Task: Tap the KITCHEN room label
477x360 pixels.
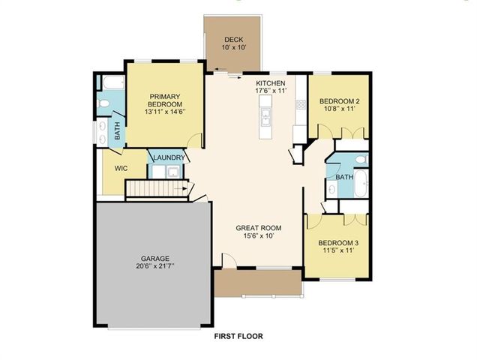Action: [x=271, y=82]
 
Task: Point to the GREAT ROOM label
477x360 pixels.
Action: [x=259, y=227]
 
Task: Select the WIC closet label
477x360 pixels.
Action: [x=121, y=169]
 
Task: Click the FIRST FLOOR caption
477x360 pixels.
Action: [x=238, y=335]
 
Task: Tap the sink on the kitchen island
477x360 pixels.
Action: [x=266, y=116]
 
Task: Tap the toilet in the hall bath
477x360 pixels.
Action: [x=361, y=160]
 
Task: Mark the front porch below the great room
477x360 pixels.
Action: [x=257, y=283]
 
